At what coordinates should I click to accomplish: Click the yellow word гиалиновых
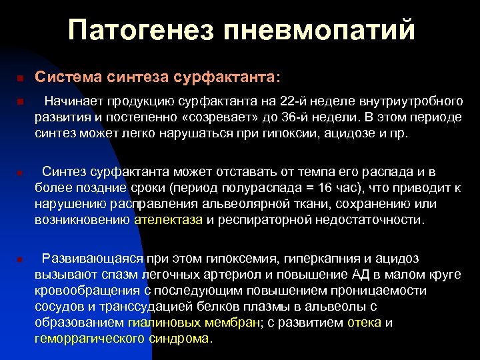pyautogui.click(x=159, y=322)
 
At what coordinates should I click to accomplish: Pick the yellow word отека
pyautogui.click(x=364, y=322)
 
